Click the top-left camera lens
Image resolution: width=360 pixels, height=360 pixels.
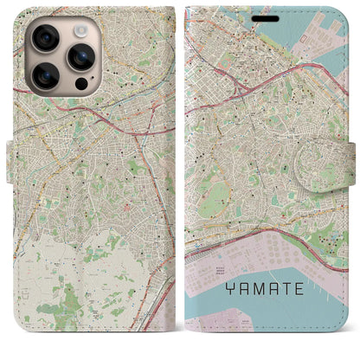click(x=46, y=38)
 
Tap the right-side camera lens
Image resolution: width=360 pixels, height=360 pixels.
click(x=82, y=56)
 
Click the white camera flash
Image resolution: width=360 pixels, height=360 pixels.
click(x=80, y=30)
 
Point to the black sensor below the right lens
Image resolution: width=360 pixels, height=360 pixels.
click(x=80, y=84)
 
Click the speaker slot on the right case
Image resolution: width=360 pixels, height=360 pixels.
click(x=267, y=18)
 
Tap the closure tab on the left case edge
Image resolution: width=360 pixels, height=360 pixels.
click(x=11, y=160)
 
